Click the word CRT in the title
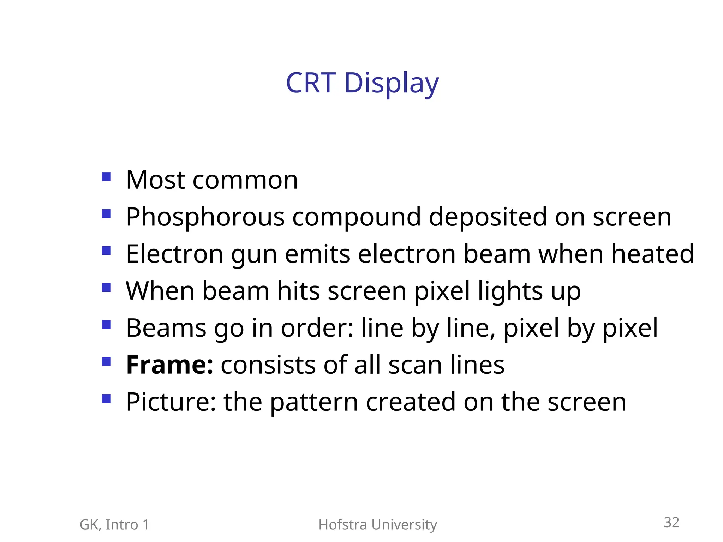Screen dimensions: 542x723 (x=310, y=83)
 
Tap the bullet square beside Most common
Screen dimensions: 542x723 (x=106, y=176)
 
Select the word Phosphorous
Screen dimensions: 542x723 (x=205, y=217)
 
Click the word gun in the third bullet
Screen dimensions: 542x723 (x=254, y=255)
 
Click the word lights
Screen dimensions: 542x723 (x=510, y=292)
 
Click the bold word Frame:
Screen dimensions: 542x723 (x=170, y=365)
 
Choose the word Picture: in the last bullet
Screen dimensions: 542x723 (x=171, y=402)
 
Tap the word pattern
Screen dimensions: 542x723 (x=314, y=402)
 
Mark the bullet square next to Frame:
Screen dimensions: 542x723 (x=106, y=362)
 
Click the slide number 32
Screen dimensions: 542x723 (x=671, y=523)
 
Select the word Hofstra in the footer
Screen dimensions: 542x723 (x=343, y=525)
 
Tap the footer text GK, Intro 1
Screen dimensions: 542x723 (x=114, y=525)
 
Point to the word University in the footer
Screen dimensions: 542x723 (x=405, y=525)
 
